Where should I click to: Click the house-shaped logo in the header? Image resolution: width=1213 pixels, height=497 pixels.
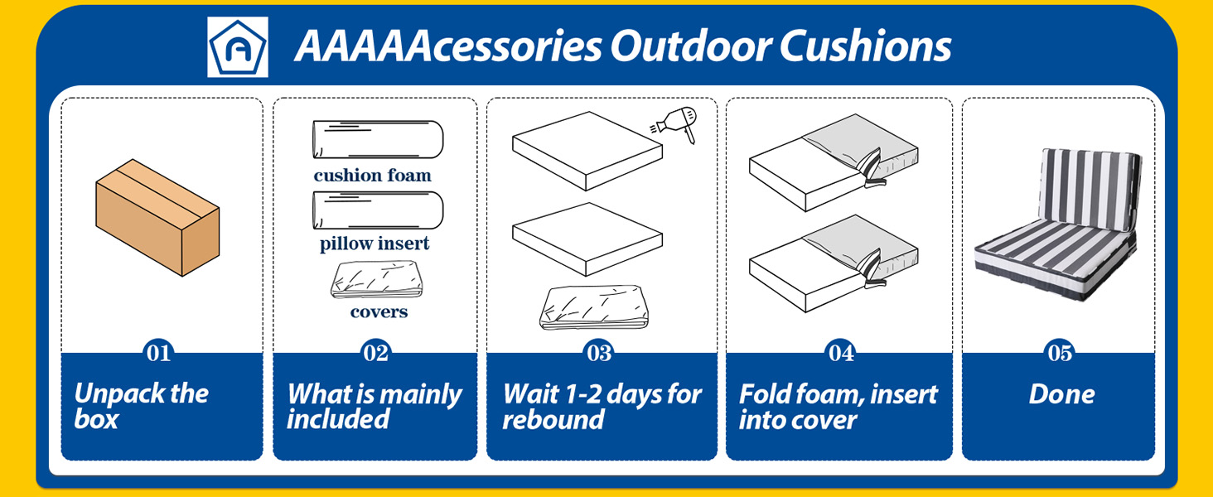pos(238,47)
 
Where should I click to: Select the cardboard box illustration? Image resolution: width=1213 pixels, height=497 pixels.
pos(157,218)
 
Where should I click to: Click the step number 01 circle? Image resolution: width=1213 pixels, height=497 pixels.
pos(158,353)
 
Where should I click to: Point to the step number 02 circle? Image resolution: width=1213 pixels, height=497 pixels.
pos(375,353)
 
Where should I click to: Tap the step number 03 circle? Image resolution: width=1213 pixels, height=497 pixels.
pos(599,353)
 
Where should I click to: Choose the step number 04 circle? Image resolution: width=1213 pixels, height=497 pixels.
pos(840,353)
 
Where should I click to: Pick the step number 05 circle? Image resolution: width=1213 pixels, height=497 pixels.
pos(1060,353)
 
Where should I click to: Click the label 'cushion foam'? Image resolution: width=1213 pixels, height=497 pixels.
pos(373,176)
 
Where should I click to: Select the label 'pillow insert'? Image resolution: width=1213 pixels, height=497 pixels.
pos(375,244)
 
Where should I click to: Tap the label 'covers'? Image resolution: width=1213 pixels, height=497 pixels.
pos(379,312)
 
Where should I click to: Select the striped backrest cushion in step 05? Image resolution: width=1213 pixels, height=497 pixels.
pos(1090,186)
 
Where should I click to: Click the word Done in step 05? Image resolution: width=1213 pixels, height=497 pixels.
pos(1061,394)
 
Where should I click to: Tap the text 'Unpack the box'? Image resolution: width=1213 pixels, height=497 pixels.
pos(141,406)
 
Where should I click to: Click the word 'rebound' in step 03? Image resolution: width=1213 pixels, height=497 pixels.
pos(553,419)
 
